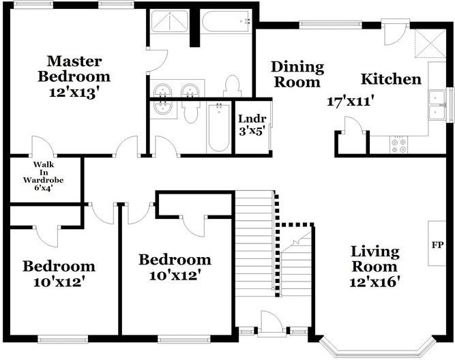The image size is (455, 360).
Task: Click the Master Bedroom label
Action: pos(74,69)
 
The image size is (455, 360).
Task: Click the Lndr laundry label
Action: pos(252,119)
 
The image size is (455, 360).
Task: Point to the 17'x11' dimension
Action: pos(350,102)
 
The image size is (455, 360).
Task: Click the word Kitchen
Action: pos(391,79)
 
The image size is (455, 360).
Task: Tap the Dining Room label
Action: pos(297,74)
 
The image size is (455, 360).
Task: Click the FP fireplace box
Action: pos(437,243)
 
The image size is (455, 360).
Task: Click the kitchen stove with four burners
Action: pos(398,145)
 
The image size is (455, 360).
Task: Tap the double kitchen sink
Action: pos(437,105)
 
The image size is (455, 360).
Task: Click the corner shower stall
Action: pos(169,21)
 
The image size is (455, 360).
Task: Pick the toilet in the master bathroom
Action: pos(231,86)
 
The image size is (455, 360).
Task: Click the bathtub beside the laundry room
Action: pos(219,127)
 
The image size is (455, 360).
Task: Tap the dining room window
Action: pos(331,25)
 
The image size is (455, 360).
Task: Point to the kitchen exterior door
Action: pos(395,33)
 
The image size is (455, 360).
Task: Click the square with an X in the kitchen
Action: pos(430,43)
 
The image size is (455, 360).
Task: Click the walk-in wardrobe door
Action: pos(43,146)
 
